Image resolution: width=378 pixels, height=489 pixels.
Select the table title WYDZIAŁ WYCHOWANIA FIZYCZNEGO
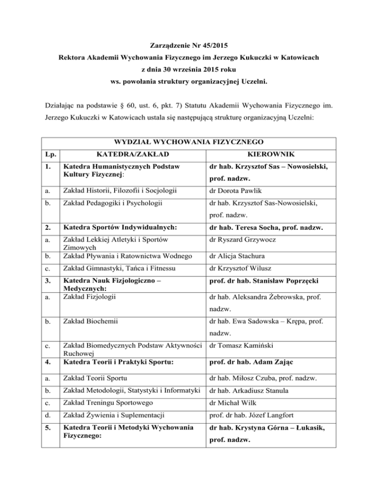tap(189, 143)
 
